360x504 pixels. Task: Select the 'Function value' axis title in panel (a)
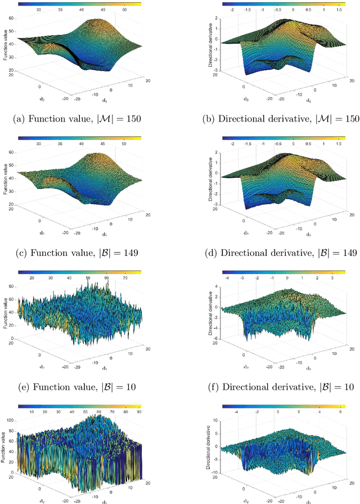pos(5,48)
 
